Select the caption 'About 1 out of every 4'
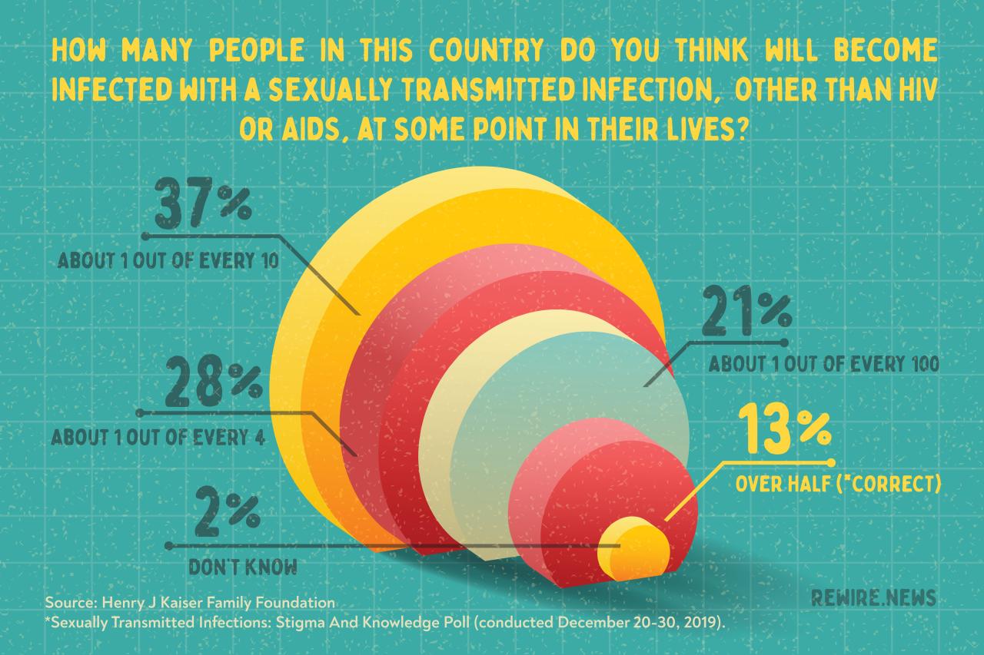[158, 438]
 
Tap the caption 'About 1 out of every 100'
[823, 363]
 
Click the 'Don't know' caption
[244, 568]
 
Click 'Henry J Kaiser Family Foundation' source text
[224, 601]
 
